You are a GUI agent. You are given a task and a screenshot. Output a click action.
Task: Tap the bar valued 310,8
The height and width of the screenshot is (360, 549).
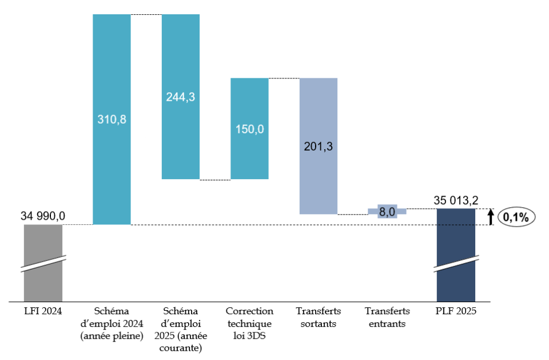click(x=112, y=120)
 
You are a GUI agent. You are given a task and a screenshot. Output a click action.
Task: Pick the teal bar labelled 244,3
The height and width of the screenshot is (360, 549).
click(x=181, y=96)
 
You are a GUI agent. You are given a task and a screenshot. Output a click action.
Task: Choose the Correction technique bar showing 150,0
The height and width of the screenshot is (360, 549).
click(x=249, y=128)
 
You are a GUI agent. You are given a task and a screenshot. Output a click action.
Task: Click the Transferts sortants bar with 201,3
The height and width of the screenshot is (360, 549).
click(x=319, y=145)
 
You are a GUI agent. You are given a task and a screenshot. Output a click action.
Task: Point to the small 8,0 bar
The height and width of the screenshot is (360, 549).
click(x=387, y=212)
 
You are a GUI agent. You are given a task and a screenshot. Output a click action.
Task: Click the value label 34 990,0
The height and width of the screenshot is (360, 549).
click(x=43, y=216)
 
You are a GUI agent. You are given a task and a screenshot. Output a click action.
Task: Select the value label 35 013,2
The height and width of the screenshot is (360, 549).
click(x=456, y=200)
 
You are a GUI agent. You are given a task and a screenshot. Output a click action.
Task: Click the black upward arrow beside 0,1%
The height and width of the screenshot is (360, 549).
click(x=491, y=217)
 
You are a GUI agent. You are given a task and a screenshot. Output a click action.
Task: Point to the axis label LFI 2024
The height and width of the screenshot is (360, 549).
click(x=43, y=311)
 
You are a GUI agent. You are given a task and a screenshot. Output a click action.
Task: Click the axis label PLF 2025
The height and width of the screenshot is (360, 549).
click(x=456, y=311)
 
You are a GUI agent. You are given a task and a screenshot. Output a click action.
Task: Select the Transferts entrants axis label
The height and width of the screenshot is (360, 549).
click(x=387, y=317)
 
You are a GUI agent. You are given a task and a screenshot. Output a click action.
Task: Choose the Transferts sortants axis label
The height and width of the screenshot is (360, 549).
click(x=319, y=317)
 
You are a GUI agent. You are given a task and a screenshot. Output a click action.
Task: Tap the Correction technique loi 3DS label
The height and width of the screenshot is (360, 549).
click(x=249, y=323)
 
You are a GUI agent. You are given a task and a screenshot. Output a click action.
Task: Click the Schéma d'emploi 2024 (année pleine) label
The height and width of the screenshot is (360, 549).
click(x=112, y=323)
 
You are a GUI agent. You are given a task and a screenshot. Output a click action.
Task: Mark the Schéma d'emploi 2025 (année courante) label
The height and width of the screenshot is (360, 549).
click(x=181, y=329)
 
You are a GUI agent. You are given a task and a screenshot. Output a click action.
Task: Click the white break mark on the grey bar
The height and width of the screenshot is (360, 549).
click(x=43, y=263)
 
